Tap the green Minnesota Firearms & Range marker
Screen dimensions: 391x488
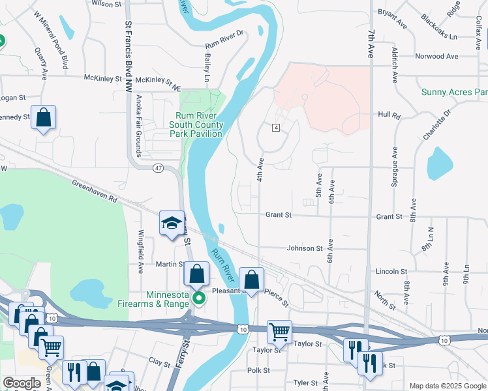(x=201, y=299)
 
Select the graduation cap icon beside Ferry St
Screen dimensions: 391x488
(x=171, y=224)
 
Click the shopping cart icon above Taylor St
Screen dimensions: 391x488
(x=279, y=331)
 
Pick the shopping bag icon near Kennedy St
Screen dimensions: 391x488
(x=43, y=117)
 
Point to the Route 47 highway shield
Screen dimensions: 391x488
(x=159, y=168)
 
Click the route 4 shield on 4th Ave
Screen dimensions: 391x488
(x=277, y=127)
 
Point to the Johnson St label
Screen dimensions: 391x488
(x=305, y=248)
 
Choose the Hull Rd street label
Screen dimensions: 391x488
(x=389, y=115)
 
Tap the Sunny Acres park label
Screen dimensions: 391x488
(x=454, y=92)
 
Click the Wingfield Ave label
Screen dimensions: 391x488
(x=140, y=251)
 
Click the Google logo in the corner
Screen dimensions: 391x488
(x=22, y=384)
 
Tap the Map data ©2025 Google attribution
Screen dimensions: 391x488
(x=447, y=386)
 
